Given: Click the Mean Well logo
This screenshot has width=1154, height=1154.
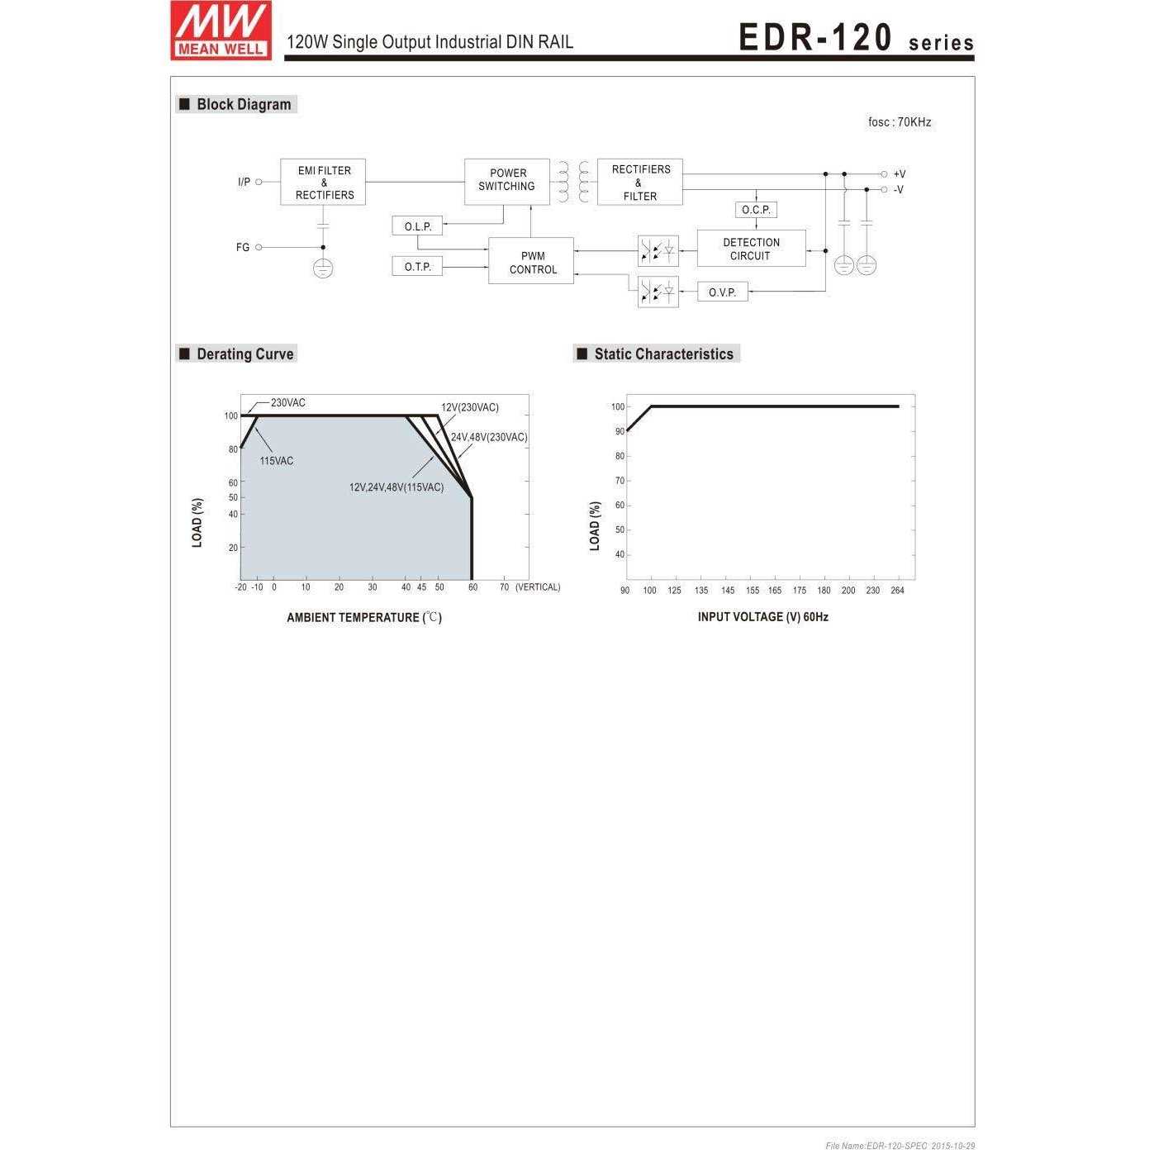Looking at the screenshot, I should tap(221, 31).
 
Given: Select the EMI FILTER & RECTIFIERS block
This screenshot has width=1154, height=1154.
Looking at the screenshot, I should tap(323, 183).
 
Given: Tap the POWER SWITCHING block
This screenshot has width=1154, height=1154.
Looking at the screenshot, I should tap(506, 181).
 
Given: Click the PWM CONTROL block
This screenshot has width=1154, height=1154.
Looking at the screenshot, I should tap(531, 262).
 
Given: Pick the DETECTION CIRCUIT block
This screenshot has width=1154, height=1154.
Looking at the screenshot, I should tap(751, 249).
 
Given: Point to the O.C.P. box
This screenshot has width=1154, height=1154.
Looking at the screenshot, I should tap(755, 210).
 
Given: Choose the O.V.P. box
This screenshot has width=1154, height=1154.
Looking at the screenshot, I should tap(722, 292).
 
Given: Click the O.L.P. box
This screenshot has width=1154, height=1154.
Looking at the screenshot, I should tap(417, 226).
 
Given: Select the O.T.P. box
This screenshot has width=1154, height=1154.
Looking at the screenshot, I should tap(417, 267).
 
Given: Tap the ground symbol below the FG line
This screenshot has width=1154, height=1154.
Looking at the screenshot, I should tap(323, 268).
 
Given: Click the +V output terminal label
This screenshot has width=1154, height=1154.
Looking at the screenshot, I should tap(899, 174).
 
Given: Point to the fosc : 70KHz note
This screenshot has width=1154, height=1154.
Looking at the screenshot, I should tap(899, 122).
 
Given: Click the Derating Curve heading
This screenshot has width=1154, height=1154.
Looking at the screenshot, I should tap(245, 354).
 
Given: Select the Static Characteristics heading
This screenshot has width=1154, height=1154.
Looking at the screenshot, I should tap(663, 354).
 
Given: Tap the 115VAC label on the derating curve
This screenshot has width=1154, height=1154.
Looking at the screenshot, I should tap(276, 461).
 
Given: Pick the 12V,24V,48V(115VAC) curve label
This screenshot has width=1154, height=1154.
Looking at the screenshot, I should tap(396, 487).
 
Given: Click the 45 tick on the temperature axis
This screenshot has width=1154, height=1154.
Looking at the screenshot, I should tap(421, 587).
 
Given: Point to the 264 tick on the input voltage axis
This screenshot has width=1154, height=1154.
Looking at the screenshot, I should tap(897, 591).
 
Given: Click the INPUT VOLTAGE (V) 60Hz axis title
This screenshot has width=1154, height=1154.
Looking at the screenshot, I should tap(762, 617).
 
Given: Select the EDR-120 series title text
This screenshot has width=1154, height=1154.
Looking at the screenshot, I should tap(855, 39).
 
